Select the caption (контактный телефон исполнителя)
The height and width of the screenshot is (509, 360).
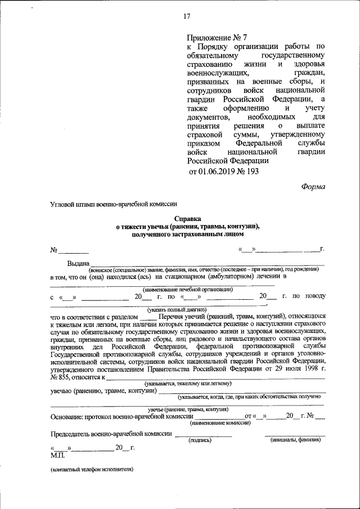[91, 469]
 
